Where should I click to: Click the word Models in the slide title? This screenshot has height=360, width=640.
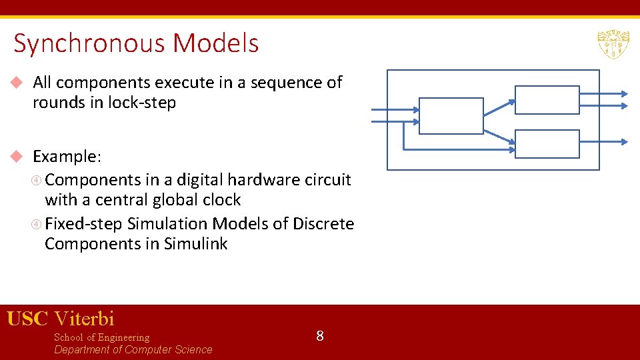[215, 44]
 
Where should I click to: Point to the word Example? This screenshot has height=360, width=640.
[67, 157]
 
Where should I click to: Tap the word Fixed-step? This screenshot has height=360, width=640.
[84, 223]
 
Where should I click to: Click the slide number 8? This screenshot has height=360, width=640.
[320, 336]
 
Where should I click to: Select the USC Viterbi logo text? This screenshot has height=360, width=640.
[61, 319]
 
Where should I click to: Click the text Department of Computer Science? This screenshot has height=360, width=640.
[133, 350]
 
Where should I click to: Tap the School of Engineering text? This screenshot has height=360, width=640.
[101, 337]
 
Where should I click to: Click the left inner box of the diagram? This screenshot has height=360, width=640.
[451, 116]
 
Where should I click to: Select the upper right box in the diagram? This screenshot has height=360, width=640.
[547, 100]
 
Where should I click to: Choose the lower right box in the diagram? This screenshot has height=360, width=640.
[547, 143]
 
